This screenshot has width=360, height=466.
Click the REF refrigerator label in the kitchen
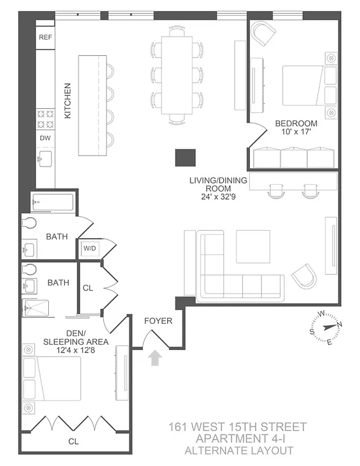pyautogui.click(x=45, y=37)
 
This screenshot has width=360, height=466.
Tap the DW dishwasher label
pyautogui.click(x=45, y=138)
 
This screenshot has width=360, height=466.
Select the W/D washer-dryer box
pyautogui.click(x=90, y=249)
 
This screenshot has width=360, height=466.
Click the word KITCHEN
pyautogui.click(x=68, y=101)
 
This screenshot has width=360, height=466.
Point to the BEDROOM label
pyautogui.click(x=296, y=123)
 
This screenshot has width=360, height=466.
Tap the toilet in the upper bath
pyautogui.click(x=29, y=223)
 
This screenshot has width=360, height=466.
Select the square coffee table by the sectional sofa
pyautogui.click(x=253, y=246)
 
